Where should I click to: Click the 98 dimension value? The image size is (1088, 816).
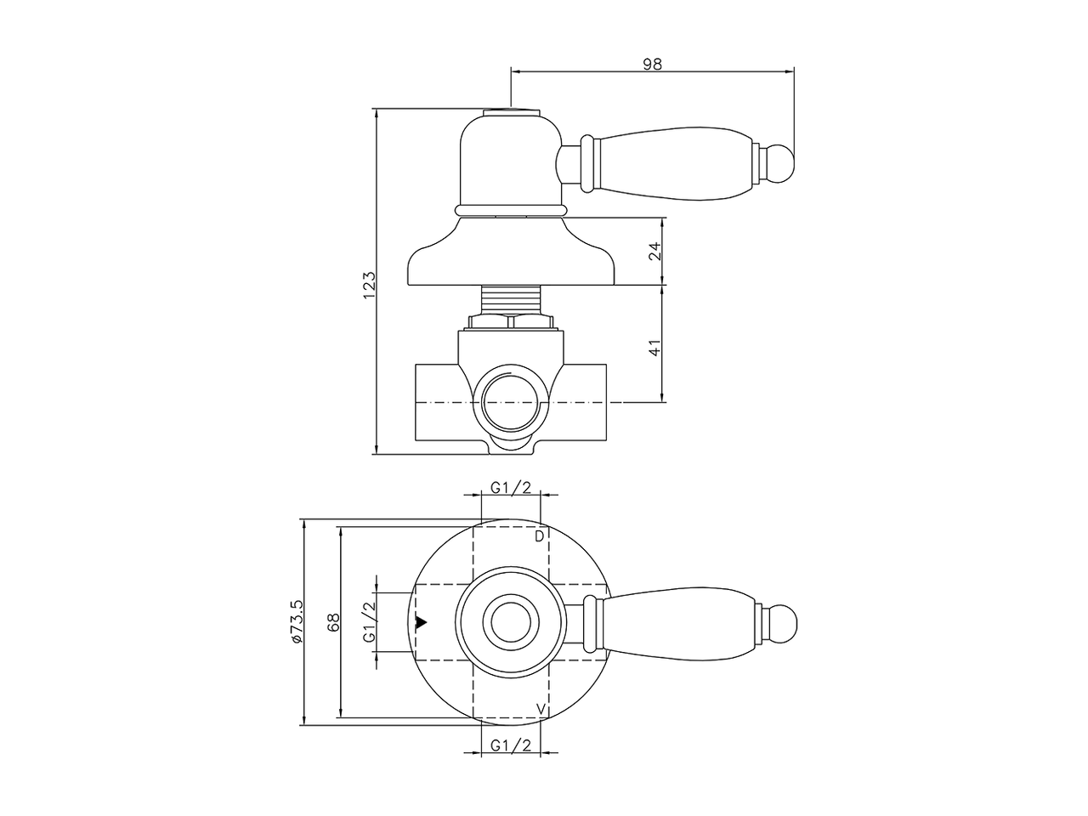[x=652, y=64]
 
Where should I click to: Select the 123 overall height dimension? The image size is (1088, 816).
[x=368, y=285]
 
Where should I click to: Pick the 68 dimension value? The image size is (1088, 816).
[x=334, y=622]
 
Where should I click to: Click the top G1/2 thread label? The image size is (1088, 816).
[x=511, y=487]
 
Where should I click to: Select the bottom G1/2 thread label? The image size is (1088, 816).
[x=511, y=745]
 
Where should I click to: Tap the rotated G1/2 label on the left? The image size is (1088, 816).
[x=369, y=622]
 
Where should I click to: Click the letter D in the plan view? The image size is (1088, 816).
[x=539, y=536]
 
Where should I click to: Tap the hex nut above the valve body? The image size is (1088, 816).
[x=511, y=321]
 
